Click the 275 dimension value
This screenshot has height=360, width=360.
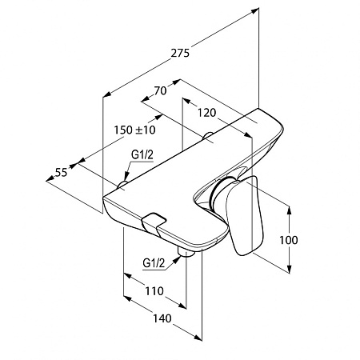180,53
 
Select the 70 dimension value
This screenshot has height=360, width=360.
161,91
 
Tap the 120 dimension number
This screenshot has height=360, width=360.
206,113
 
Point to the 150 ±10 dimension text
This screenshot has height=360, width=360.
134,130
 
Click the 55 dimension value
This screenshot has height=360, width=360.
61,173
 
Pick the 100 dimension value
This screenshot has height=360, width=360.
289,240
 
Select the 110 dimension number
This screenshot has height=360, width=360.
154,290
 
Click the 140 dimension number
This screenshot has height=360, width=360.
162,318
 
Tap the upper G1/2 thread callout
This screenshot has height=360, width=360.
142,155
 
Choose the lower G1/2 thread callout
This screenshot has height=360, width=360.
154,263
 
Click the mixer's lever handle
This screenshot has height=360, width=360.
244,215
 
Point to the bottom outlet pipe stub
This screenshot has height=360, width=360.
185,252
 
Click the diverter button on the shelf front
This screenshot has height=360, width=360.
154,221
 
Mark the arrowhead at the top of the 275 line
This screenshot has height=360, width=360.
255,10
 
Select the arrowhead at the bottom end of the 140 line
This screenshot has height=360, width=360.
198,337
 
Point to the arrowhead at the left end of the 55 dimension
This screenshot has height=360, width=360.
50,179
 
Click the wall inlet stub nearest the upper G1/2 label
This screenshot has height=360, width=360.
122,184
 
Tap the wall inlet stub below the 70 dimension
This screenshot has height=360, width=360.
208,135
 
